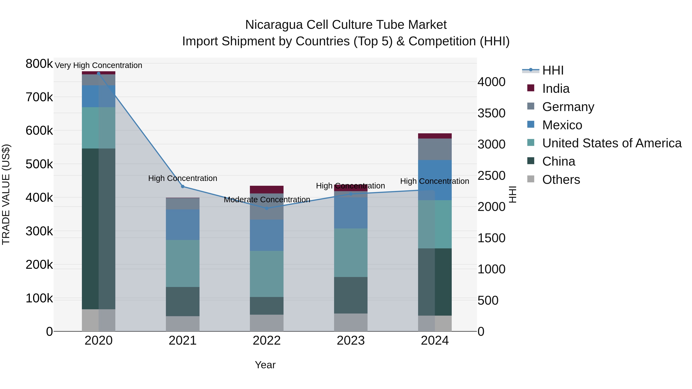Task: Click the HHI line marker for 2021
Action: coord(183,187)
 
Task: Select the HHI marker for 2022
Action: coord(267,208)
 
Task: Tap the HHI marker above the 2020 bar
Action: coord(99,73)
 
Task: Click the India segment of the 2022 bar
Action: coord(267,190)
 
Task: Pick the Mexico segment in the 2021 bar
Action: coord(183,225)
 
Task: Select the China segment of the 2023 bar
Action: coord(351,295)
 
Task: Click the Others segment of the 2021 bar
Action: coord(183,323)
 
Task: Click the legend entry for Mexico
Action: coord(562,125)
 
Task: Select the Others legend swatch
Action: coord(531,179)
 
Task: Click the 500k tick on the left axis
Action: coord(39,164)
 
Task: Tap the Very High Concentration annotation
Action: coord(99,66)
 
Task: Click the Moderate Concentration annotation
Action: coord(267,200)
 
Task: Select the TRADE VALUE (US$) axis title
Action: coord(6,194)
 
